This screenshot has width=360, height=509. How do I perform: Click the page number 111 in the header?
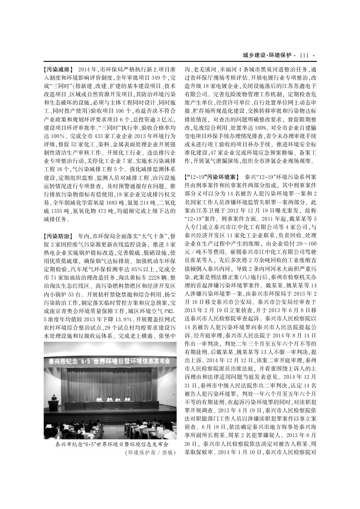pos(304,55)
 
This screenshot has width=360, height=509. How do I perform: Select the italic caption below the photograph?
pos(112,445)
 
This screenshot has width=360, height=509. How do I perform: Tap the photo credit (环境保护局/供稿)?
pos(150,453)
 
